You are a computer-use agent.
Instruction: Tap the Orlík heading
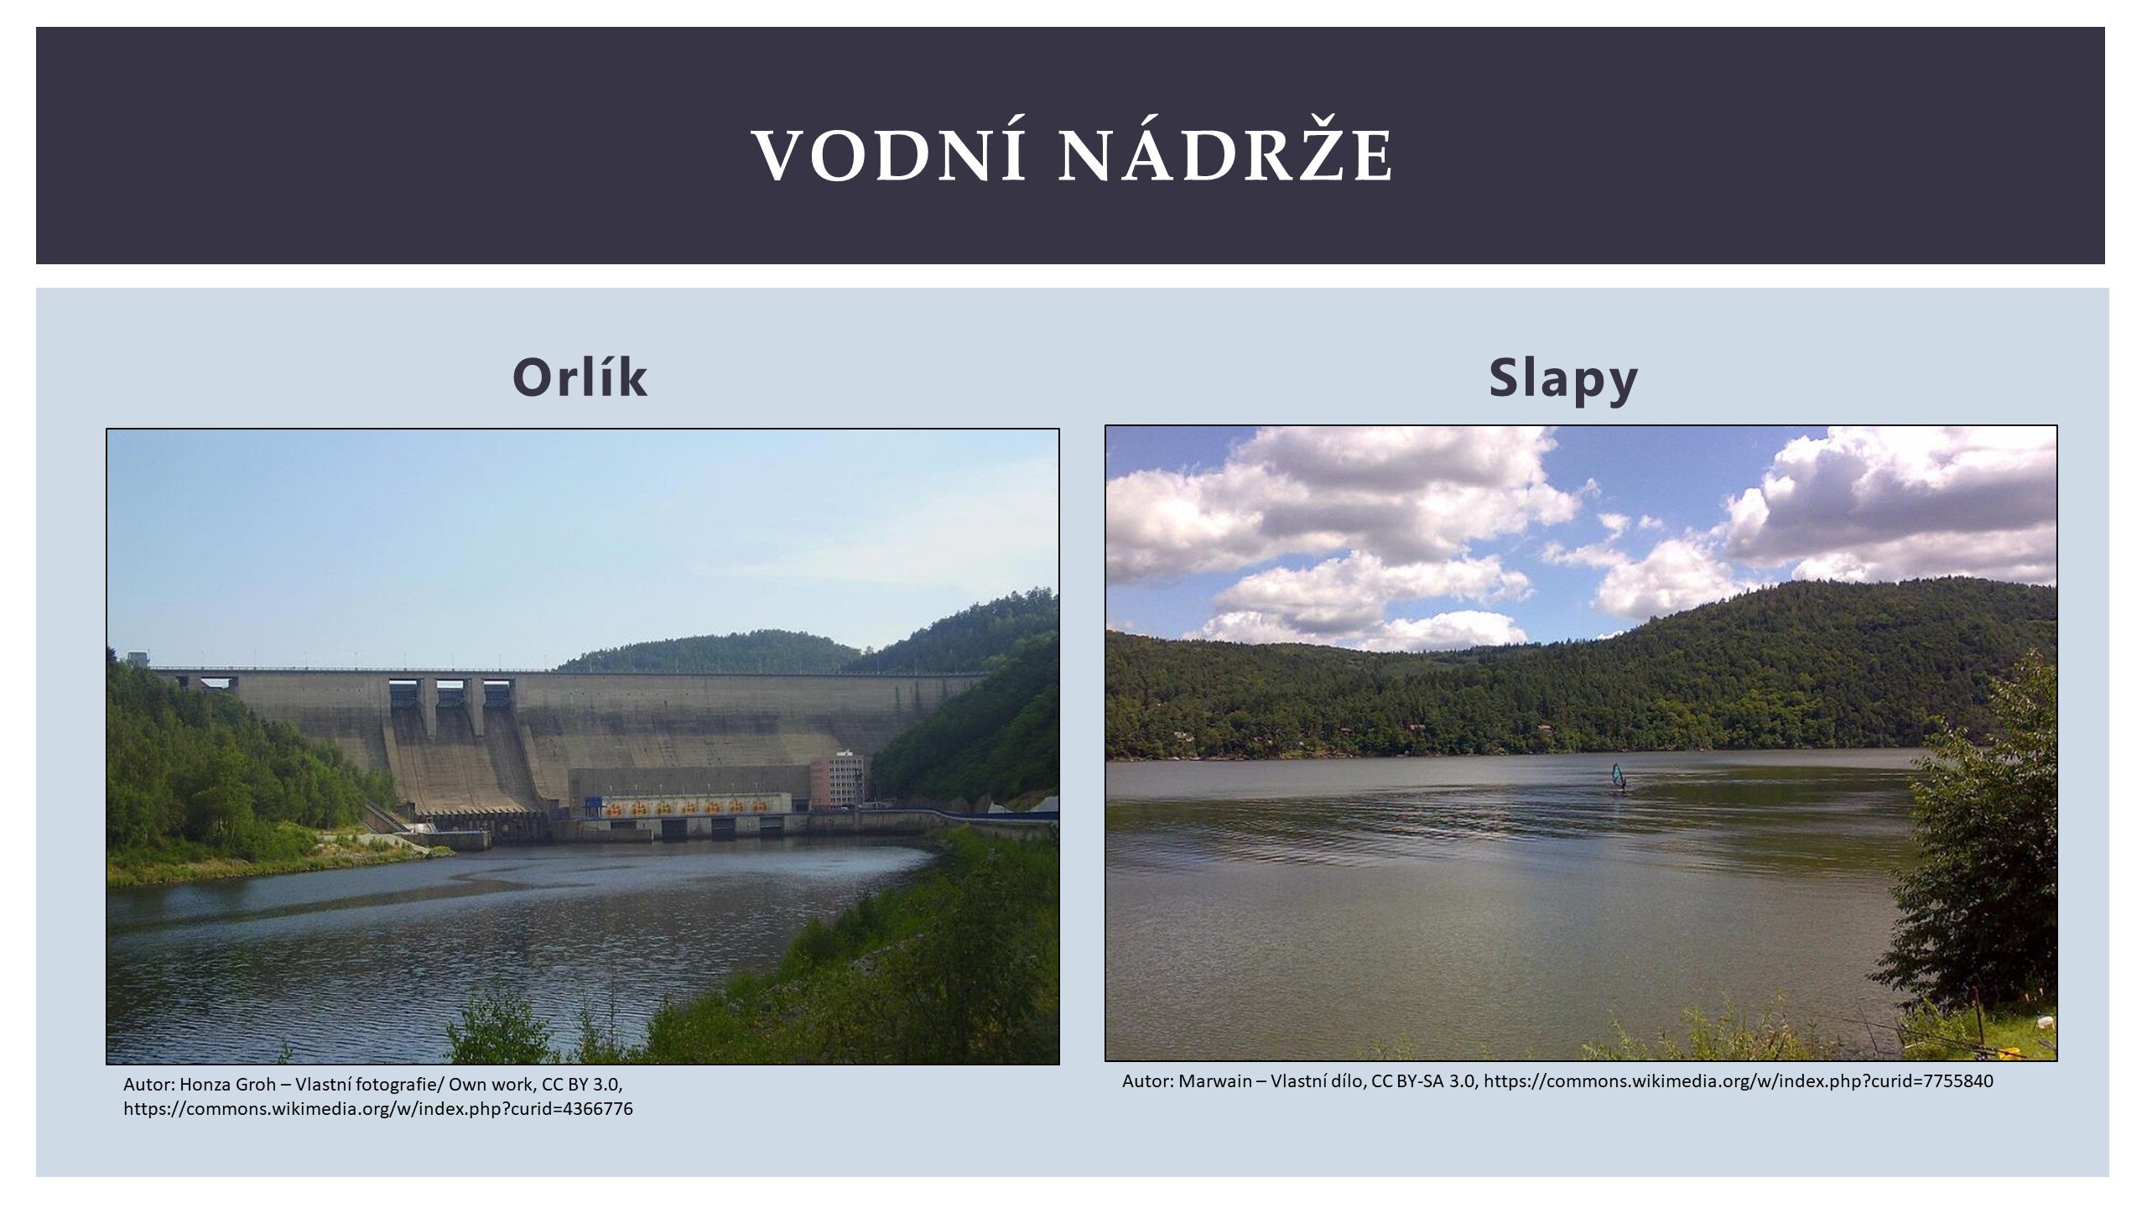click(x=580, y=377)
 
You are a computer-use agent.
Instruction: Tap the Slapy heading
click(x=1563, y=379)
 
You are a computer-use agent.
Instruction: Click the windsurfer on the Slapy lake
click(x=1618, y=778)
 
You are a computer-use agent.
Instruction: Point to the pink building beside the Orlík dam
click(x=836, y=781)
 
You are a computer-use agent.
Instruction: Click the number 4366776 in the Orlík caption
click(x=598, y=1109)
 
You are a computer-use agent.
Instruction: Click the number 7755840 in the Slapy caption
click(x=1958, y=1081)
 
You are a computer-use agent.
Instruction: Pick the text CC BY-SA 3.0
click(x=1423, y=1081)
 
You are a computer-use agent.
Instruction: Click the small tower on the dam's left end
click(x=138, y=659)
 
